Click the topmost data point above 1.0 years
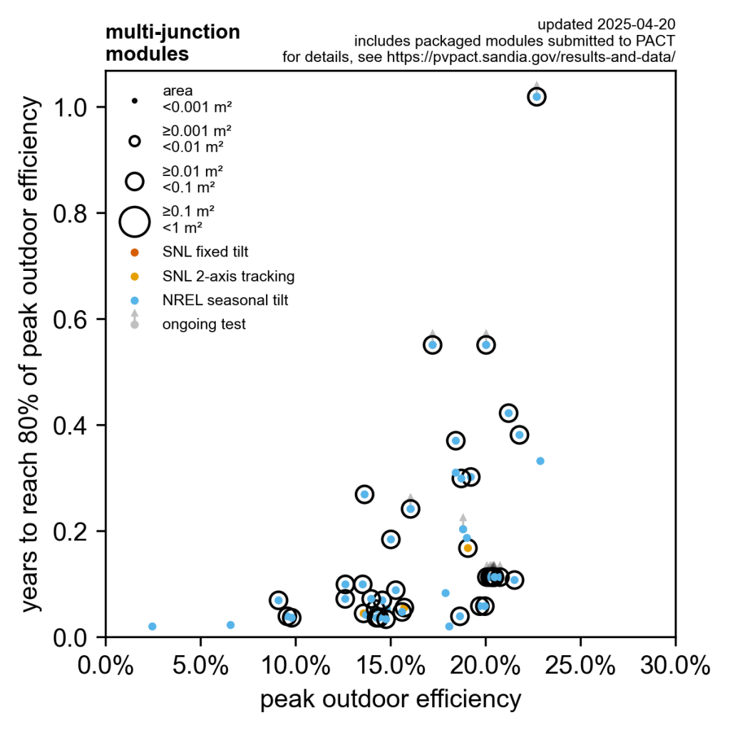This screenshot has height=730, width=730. click(x=537, y=96)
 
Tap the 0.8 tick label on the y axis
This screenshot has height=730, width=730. click(x=78, y=213)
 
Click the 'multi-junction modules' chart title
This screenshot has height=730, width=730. click(x=173, y=43)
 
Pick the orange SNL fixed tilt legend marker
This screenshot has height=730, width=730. click(x=135, y=252)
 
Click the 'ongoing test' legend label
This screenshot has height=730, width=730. click(x=204, y=324)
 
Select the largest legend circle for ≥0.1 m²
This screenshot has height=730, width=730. click(x=134, y=221)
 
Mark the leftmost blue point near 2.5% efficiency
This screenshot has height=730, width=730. click(x=153, y=626)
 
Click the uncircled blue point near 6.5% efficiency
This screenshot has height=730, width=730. click(x=230, y=624)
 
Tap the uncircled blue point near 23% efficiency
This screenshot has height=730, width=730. click(x=540, y=461)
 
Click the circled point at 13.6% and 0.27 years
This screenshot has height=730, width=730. click(x=364, y=494)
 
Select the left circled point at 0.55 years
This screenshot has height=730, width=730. click(x=433, y=344)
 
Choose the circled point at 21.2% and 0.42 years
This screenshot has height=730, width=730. click(x=508, y=413)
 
